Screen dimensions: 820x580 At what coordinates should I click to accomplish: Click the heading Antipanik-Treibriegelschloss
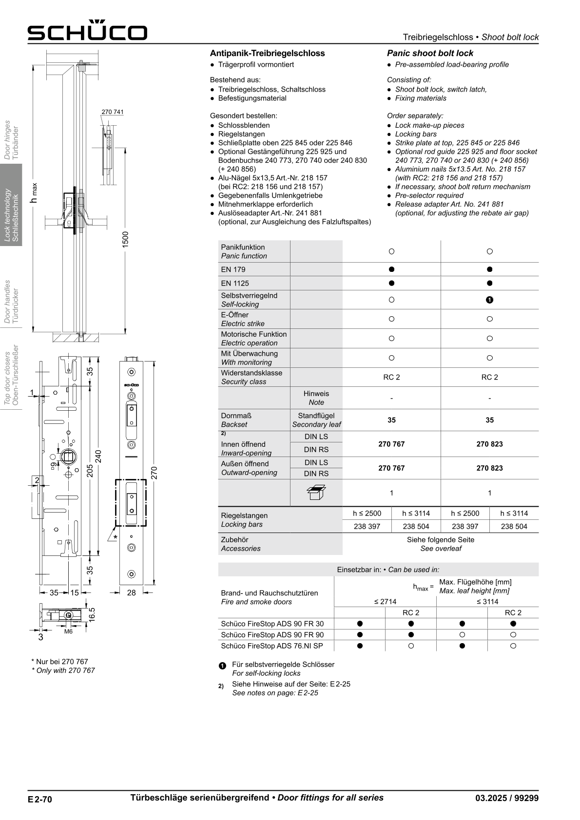[267, 53]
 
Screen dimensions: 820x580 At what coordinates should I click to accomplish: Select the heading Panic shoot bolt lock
[430, 53]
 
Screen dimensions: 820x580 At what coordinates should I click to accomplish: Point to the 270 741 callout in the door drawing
[113, 112]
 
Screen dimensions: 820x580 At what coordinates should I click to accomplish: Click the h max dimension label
[34, 192]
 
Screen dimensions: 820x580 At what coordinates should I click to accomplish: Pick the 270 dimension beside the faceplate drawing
[154, 472]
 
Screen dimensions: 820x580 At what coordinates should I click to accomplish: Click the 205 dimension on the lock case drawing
[90, 470]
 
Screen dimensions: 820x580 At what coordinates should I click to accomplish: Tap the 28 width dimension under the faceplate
[132, 592]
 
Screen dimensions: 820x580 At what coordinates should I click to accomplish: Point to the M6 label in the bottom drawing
[68, 631]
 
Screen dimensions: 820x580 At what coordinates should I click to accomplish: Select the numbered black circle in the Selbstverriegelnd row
[490, 300]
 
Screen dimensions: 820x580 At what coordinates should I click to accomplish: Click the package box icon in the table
[316, 493]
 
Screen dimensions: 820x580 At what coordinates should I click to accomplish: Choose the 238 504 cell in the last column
[514, 526]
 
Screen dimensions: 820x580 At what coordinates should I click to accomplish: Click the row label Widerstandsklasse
[251, 373]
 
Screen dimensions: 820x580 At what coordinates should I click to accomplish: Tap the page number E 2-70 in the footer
[39, 799]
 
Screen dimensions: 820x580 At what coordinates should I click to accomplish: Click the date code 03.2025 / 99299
[507, 798]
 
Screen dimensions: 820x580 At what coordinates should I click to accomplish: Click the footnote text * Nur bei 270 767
[59, 662]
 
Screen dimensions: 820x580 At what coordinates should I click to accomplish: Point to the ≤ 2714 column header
[385, 601]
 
